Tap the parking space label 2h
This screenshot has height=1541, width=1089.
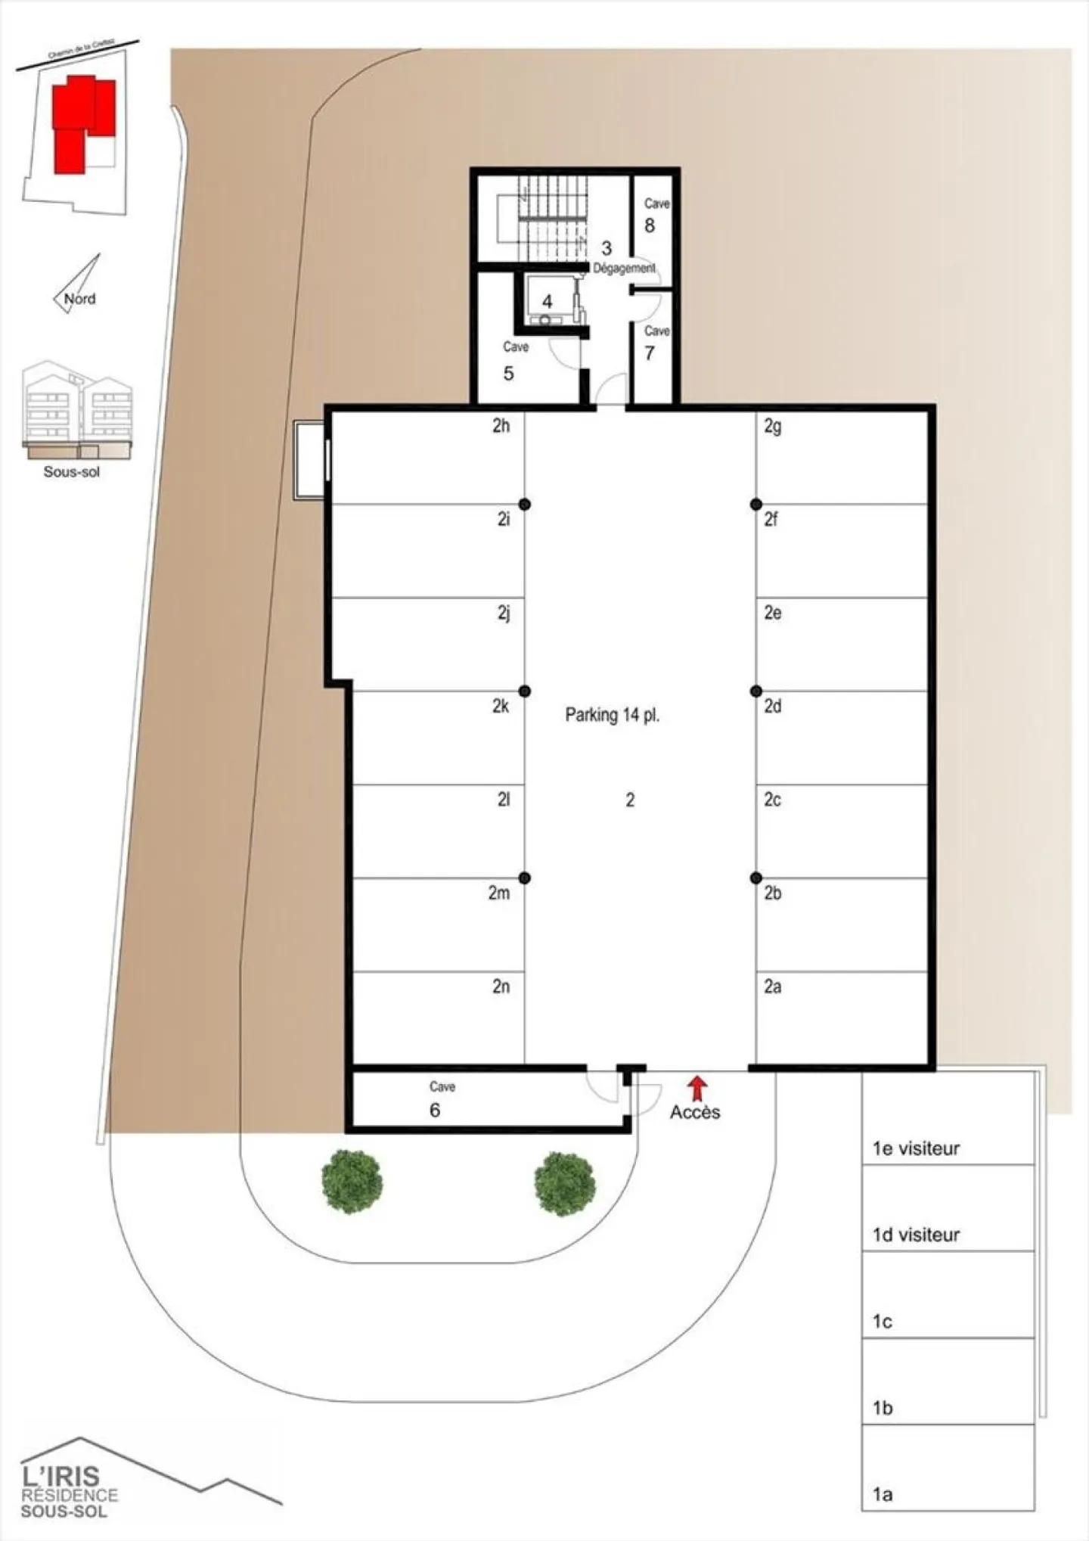501,426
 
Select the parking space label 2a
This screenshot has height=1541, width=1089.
772,986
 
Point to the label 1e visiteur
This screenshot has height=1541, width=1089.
916,1148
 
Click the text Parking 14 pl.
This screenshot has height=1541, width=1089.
612,715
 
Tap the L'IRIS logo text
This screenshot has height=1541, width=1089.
60,1475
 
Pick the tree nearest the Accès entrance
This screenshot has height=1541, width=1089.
565,1184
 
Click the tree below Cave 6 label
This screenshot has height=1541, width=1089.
352,1182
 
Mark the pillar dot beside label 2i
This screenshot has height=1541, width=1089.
524,504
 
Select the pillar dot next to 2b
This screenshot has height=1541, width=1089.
755,878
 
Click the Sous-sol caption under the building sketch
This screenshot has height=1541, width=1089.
72,472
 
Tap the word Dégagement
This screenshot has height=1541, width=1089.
624,268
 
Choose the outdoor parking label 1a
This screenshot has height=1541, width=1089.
883,1494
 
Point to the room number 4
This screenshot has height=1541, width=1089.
547,301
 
